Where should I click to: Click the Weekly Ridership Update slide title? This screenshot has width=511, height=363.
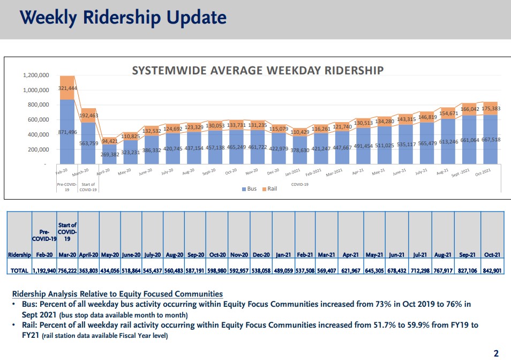(123, 18)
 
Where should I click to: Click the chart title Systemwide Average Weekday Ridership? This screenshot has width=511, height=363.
(258, 71)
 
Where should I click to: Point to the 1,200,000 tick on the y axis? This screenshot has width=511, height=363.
(36, 75)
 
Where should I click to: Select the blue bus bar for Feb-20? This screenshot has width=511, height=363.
(67, 134)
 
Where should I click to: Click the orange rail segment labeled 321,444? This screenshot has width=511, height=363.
(67, 88)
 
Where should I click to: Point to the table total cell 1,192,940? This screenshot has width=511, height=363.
(44, 271)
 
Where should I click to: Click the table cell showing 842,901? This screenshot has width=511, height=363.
(492, 271)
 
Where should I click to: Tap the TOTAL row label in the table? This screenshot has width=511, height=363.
(20, 271)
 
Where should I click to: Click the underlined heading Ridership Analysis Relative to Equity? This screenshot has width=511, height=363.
(117, 294)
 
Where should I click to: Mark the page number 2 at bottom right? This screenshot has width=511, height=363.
(496, 353)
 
